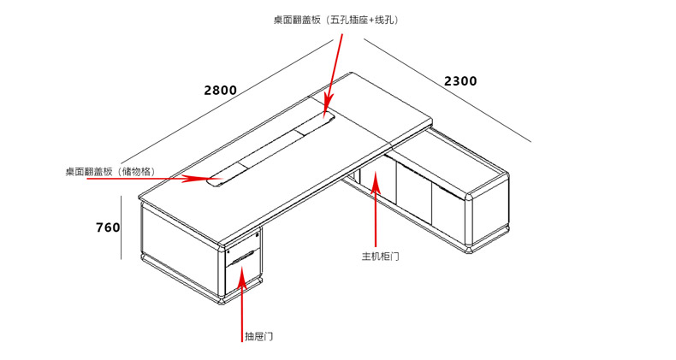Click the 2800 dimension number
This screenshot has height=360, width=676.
[x=220, y=90]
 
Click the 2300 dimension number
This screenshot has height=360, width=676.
[x=460, y=81]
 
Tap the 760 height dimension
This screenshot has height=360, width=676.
[x=107, y=227]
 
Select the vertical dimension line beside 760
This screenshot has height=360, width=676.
[x=122, y=227]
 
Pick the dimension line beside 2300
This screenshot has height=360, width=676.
[x=449, y=94]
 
